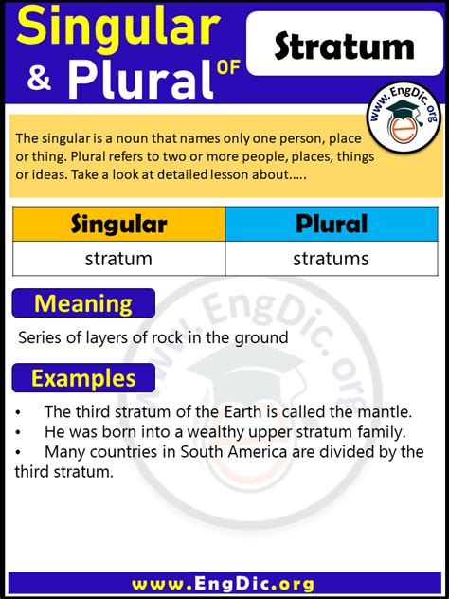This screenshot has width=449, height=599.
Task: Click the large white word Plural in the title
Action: tap(140, 78)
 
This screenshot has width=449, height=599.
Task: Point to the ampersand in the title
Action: tap(39, 78)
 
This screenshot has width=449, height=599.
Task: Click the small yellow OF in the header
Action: tap(228, 67)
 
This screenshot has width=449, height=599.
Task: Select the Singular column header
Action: tap(119, 225)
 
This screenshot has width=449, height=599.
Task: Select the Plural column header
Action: tap(332, 225)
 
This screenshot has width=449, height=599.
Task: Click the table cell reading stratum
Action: tap(119, 259)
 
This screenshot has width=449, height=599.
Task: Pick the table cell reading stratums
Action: tap(332, 259)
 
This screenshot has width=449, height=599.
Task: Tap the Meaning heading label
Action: tap(83, 303)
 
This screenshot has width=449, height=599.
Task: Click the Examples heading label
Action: tap(83, 378)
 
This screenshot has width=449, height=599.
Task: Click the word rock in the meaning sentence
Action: tap(166, 337)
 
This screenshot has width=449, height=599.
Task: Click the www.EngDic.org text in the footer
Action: tap(224, 585)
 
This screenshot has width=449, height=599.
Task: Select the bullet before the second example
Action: tap(18, 433)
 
